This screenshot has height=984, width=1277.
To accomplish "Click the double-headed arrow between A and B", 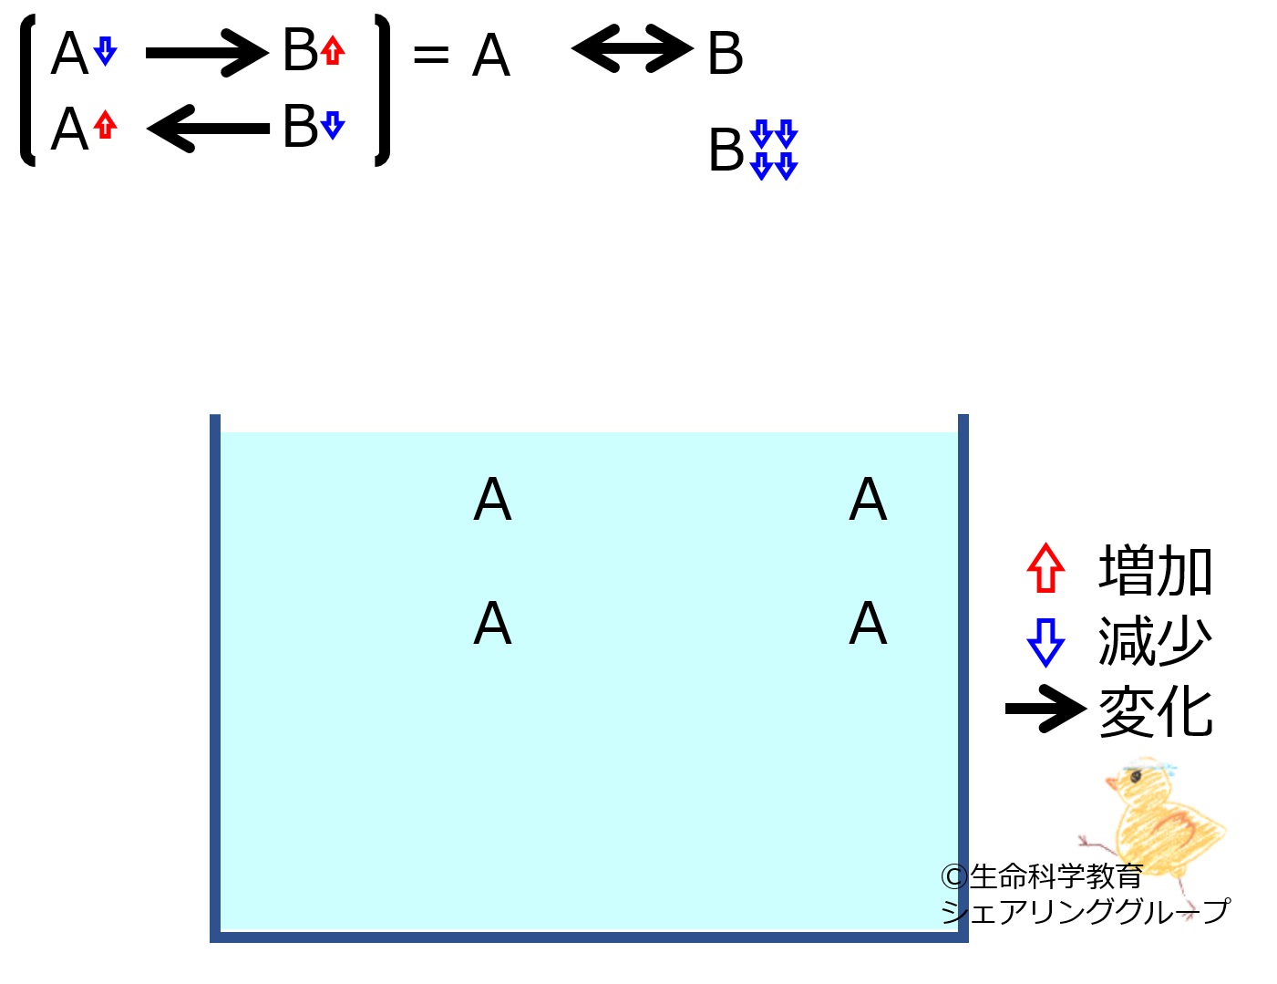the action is [632, 48].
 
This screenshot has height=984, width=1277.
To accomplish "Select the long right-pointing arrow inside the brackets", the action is [208, 54].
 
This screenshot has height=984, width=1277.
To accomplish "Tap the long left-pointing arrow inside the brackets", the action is [208, 129].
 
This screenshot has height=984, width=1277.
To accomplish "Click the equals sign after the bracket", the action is [431, 55].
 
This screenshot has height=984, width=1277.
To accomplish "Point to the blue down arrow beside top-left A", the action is [105, 51].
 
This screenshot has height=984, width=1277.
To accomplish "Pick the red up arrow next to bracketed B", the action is [333, 50].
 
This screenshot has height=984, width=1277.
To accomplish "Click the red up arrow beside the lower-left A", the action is [105, 125].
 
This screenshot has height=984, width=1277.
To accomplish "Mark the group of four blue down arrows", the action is [773, 150].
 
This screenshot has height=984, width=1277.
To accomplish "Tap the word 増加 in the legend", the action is [1154, 570].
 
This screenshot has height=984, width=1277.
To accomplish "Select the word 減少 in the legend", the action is [1154, 641].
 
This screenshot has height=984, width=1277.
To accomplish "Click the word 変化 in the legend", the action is [1154, 711].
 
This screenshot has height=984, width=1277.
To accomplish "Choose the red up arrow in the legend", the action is [1045, 568].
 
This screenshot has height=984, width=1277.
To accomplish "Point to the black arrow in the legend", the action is [1045, 709].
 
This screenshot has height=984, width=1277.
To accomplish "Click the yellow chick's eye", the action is [1136, 777].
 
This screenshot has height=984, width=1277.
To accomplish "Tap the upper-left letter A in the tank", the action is [492, 499].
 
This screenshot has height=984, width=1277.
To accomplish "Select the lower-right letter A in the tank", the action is [868, 623].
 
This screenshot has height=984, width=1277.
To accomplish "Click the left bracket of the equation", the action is [27, 90].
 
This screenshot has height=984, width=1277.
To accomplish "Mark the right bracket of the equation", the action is [383, 90].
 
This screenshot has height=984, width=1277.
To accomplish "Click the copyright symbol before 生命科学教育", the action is [953, 877].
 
